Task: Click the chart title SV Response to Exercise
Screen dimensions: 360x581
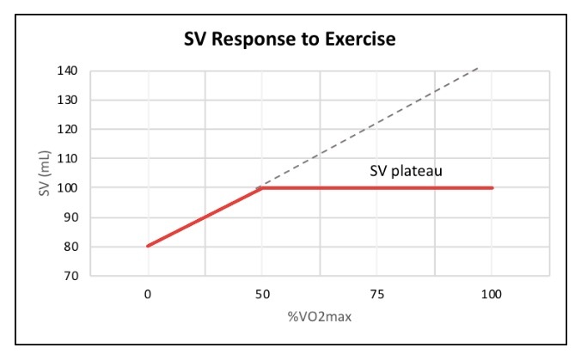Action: point(290,40)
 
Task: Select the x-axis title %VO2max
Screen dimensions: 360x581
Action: point(319,316)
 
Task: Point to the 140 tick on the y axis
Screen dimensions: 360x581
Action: point(70,70)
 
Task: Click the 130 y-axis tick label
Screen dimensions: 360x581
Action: point(70,100)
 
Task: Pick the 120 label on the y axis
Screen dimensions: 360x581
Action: point(70,129)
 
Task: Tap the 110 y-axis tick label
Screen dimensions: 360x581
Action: point(70,158)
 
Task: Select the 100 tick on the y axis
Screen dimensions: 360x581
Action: point(70,187)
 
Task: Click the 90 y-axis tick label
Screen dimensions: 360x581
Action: point(73,217)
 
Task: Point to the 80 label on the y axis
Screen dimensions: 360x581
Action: point(73,247)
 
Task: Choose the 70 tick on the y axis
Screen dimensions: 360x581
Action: point(73,276)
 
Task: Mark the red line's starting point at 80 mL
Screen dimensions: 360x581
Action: point(148,246)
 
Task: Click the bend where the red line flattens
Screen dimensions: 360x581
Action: point(260,187)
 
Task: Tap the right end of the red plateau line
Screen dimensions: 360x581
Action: point(492,187)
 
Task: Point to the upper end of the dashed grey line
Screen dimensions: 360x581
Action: point(477,67)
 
